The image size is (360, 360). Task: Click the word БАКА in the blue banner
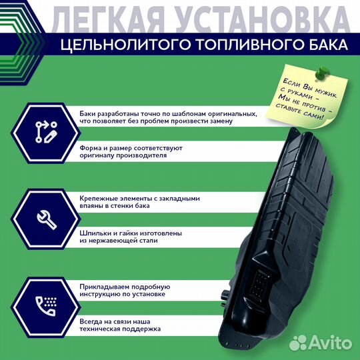tap(325, 45)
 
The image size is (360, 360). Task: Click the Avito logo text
tap(333, 343)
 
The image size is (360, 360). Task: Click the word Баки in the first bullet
tap(87, 113)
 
